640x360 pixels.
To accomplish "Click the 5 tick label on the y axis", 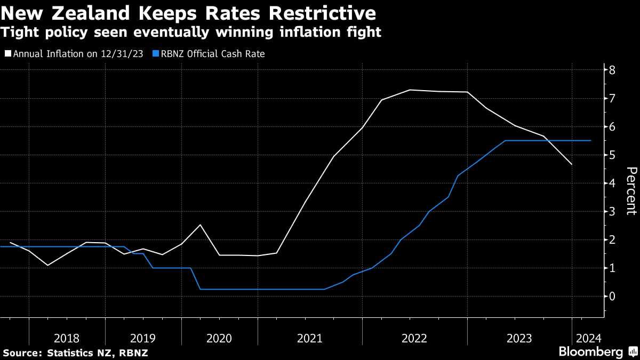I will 613,155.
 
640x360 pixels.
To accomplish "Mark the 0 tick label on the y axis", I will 613,296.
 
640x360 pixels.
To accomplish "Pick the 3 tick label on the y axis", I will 613,211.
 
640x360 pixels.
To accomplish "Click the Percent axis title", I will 631,190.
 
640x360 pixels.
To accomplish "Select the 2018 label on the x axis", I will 67,338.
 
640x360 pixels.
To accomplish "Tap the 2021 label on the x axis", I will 309,338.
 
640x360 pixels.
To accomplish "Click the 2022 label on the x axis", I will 414,338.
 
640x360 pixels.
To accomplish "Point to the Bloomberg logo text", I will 590,352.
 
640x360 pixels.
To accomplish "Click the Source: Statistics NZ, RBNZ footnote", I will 75,353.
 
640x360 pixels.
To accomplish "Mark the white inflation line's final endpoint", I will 572,164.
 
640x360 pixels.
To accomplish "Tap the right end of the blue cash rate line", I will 591,140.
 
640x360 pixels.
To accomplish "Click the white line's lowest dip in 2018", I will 47,265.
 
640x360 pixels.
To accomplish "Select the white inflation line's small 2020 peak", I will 200,225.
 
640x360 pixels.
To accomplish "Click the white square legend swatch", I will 7,54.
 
